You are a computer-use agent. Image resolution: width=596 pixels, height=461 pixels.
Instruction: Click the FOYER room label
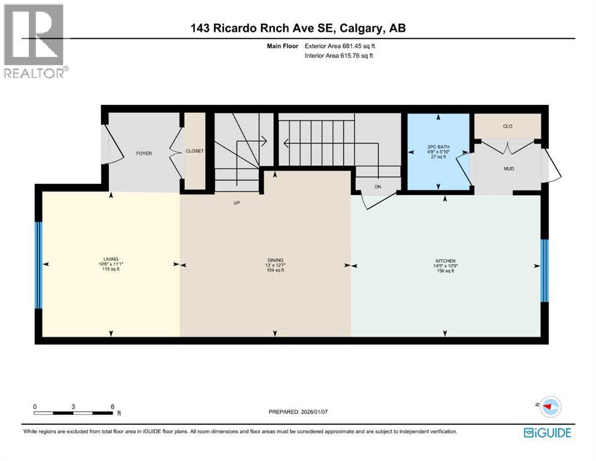point(143,154)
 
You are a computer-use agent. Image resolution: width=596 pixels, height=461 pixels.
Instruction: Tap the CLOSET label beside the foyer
point(195,151)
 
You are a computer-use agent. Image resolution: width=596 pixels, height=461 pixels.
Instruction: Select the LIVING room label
point(110,259)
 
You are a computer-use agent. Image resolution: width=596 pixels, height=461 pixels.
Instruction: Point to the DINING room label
point(275,259)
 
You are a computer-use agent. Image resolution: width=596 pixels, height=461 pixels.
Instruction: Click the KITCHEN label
point(445,259)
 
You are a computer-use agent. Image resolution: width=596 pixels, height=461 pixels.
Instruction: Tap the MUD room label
point(508,169)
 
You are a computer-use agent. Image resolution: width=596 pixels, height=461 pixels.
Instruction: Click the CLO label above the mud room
point(508,127)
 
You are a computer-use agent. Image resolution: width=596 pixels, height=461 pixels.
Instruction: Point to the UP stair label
point(237,202)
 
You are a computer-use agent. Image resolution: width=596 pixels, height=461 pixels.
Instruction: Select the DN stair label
point(378,187)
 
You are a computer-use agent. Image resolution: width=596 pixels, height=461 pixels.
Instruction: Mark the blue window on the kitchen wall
point(544,270)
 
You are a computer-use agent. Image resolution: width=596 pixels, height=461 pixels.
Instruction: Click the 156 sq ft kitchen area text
point(445,271)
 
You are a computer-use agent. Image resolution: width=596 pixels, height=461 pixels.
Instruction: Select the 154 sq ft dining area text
point(275,271)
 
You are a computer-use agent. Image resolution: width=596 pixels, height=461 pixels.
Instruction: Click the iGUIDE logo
point(547,432)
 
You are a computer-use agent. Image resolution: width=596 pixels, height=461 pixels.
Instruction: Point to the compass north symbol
point(547,406)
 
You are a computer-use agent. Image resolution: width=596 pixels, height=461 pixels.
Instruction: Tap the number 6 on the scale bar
point(112,406)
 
